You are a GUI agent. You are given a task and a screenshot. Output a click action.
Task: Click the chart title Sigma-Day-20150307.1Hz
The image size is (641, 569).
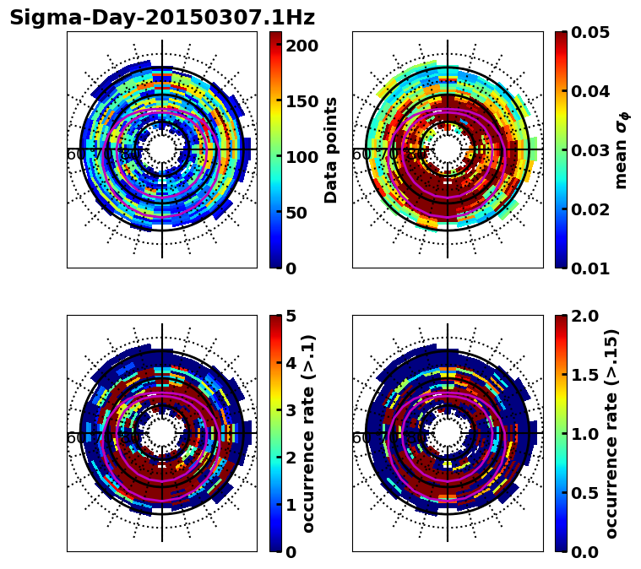[161, 18]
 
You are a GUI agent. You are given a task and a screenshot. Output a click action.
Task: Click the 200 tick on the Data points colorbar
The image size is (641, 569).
[301, 46]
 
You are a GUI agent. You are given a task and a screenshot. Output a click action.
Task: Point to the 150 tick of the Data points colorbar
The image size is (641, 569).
[301, 101]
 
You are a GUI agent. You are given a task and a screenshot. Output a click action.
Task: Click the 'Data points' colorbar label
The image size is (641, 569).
[331, 149]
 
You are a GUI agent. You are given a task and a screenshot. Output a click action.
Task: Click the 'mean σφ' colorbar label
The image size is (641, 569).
[622, 149]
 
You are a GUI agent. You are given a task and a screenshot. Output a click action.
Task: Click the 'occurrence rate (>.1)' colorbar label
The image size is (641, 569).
[309, 433]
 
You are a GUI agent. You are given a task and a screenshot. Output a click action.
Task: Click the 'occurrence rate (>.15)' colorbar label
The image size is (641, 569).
[611, 433]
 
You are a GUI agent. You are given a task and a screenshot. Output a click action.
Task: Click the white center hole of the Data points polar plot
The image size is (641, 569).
[162, 150]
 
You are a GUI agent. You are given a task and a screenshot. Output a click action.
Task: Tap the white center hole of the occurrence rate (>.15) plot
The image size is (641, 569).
[448, 434]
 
